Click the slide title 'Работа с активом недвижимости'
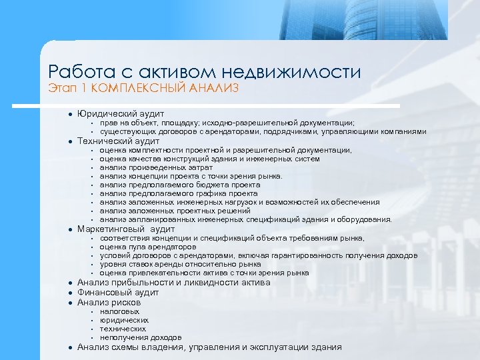point(205,71)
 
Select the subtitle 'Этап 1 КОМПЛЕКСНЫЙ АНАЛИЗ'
point(143,88)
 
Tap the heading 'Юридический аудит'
point(121,114)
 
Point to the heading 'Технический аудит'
point(119,141)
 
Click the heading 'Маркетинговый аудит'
point(126,229)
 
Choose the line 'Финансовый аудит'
point(118,292)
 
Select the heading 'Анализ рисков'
point(109,302)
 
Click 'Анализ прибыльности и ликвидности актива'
point(174,282)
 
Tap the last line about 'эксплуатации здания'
point(209,347)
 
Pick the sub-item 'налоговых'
point(120,311)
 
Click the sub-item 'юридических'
point(124,320)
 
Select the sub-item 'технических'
point(123,329)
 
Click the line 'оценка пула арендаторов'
point(148,247)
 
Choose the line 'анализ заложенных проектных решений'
point(175,211)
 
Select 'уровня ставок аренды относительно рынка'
point(180,264)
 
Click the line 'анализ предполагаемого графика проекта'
point(179,193)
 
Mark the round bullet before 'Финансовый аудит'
point(69,292)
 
